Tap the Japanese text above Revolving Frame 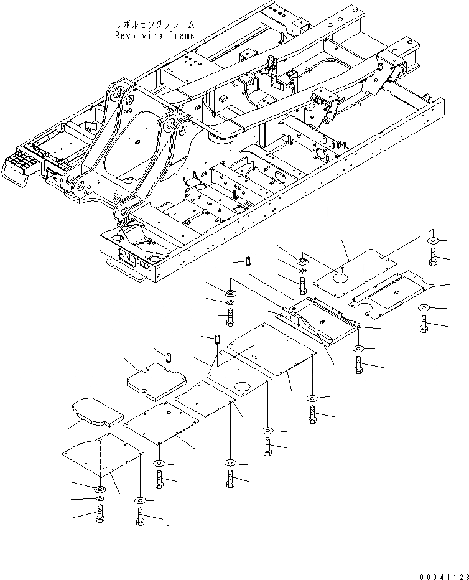(155, 24)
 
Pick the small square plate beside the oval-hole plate (203, 398)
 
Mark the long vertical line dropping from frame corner (425, 205)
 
